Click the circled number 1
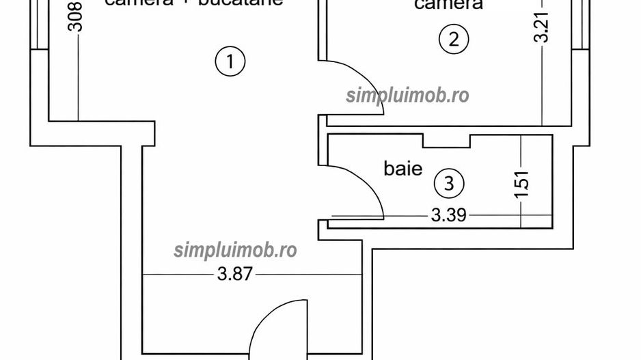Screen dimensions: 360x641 pos(230,61)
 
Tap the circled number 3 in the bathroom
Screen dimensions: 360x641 pos(449,183)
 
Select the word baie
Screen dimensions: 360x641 pos(403,168)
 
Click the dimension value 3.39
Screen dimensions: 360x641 pos(448,216)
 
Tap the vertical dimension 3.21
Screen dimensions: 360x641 pos(543,27)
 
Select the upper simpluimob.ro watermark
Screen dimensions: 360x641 pos(408,96)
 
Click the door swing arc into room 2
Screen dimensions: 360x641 pos(347,82)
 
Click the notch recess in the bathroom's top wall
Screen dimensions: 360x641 pos(447,141)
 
